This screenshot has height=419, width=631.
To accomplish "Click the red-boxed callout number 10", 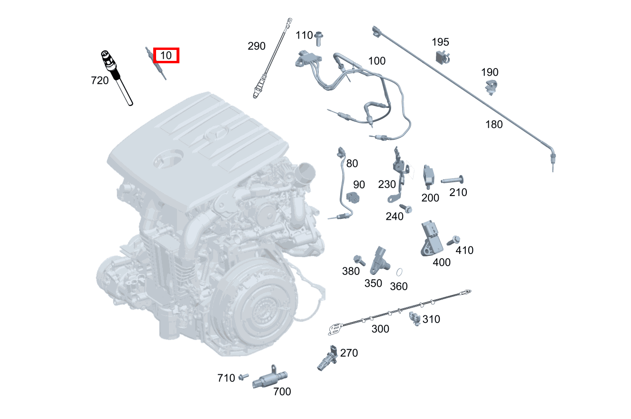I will pyautogui.click(x=166, y=55).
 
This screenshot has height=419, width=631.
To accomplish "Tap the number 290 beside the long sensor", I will pyautogui.click(x=256, y=46).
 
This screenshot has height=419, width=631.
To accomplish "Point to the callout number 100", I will pyautogui.click(x=377, y=61).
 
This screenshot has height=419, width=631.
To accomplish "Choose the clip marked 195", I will pyautogui.click(x=442, y=57).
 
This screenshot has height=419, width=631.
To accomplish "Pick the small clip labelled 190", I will pyautogui.click(x=491, y=87).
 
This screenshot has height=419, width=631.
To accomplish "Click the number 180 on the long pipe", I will pyautogui.click(x=494, y=124).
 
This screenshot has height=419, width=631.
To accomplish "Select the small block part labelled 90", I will pyautogui.click(x=354, y=196).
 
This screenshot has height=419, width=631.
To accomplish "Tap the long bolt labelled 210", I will pyautogui.click(x=452, y=181).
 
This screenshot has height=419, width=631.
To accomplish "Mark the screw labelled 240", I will pyautogui.click(x=406, y=208).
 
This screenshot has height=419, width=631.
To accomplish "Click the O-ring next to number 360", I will pyautogui.click(x=400, y=273).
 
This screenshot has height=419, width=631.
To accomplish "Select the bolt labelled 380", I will pyautogui.click(x=359, y=260).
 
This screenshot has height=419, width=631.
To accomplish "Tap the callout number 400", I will pyautogui.click(x=441, y=262).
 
